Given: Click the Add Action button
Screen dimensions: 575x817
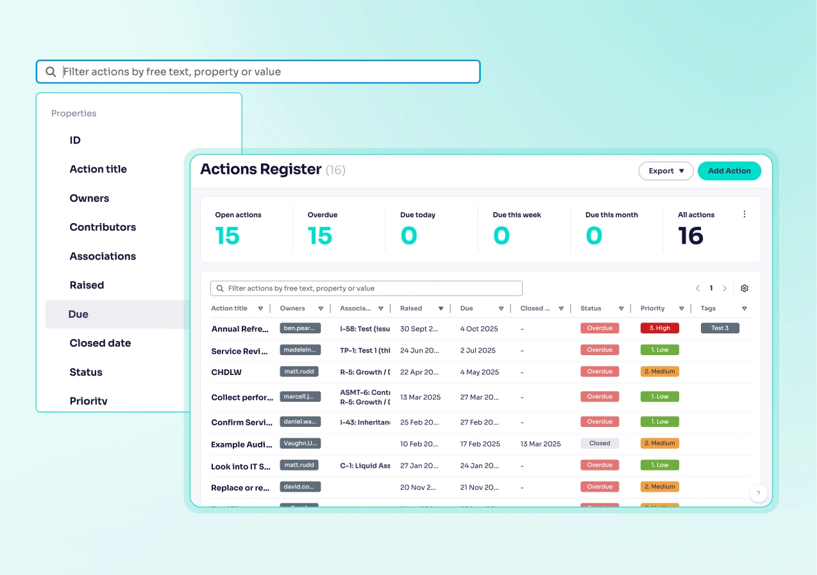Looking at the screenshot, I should (729, 171).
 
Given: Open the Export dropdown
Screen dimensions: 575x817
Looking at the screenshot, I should (666, 171).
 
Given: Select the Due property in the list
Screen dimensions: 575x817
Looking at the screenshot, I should (78, 314).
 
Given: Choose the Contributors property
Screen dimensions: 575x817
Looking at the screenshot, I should (103, 227).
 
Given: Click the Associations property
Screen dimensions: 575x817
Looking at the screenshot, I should (103, 256).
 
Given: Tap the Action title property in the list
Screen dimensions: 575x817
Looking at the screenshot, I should (98, 169).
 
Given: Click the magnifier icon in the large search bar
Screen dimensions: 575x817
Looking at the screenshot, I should (51, 72).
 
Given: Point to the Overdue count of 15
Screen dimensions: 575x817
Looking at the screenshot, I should (319, 236).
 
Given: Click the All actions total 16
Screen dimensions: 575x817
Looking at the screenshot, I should (691, 236).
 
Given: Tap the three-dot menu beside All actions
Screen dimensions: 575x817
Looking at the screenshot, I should (744, 215).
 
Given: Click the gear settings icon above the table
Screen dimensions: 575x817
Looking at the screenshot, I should (744, 288).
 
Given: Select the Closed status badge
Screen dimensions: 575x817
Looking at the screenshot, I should (600, 444).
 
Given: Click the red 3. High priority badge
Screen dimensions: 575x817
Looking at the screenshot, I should (659, 328).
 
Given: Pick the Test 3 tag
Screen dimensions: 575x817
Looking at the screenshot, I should (720, 328).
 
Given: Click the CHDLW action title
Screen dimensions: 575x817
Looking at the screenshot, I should (226, 372).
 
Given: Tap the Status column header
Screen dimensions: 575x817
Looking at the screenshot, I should (591, 308).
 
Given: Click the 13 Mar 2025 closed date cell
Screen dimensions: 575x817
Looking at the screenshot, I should (541, 444).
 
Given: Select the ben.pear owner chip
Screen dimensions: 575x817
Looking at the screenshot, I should (299, 328).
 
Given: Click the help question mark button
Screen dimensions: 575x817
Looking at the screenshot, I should (758, 493).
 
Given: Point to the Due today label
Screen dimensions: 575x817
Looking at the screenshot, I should (417, 215).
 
